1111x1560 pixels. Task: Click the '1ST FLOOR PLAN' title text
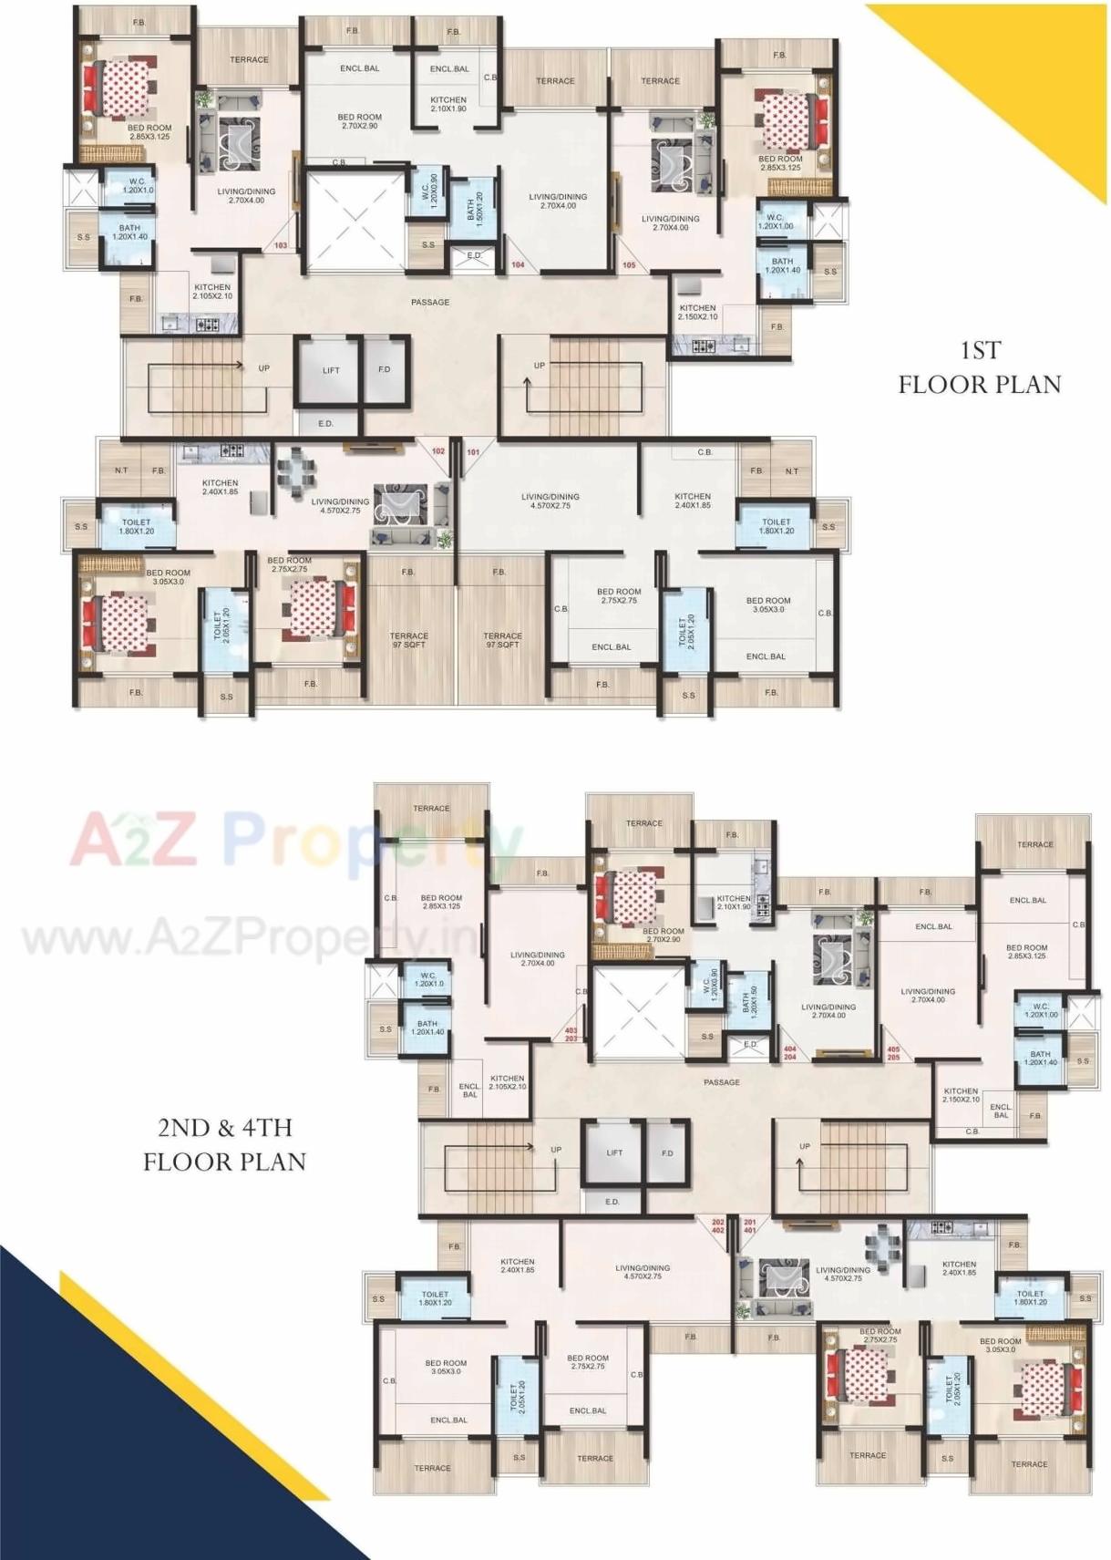click(980, 367)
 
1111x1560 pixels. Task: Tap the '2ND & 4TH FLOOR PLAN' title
click(224, 1144)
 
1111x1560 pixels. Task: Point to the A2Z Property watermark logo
click(296, 840)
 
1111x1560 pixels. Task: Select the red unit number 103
click(281, 245)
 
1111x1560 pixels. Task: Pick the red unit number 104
click(518, 264)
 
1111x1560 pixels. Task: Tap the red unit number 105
click(629, 264)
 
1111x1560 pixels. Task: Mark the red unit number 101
click(473, 452)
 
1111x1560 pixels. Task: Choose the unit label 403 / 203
click(571, 1034)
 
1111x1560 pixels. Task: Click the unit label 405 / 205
click(893, 1053)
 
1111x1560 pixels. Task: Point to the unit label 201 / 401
click(750, 1226)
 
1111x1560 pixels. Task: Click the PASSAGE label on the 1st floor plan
click(430, 302)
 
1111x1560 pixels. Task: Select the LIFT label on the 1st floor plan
click(331, 370)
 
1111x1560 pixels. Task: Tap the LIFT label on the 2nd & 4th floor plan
click(614, 1152)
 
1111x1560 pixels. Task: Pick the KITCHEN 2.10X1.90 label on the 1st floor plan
click(448, 104)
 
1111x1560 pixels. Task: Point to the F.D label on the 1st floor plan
click(384, 369)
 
